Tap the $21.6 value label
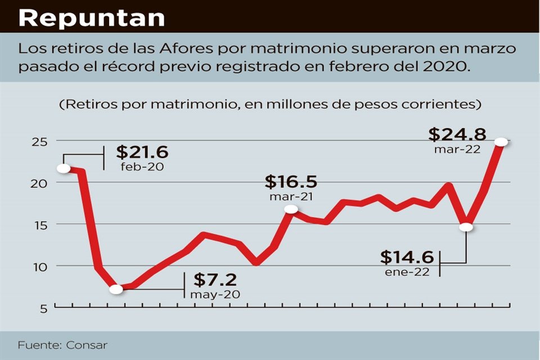[142, 153]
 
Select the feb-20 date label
[142, 167]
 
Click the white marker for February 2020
[64, 168]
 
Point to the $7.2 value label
[215, 280]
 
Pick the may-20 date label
[215, 294]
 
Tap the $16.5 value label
[291, 182]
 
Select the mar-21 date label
[291, 196]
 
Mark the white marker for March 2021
[291, 209]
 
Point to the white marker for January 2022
[466, 227]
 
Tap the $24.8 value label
[457, 135]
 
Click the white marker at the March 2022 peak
[501, 142]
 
